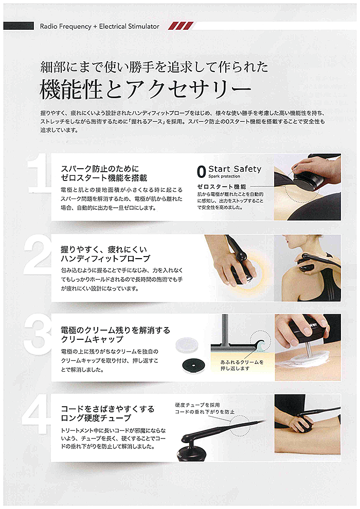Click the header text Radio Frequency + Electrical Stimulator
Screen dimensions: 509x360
[99, 26]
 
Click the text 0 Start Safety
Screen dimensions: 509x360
[229, 169]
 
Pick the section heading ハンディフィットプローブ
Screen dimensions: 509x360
[105, 258]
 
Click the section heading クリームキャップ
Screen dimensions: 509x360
[92, 340]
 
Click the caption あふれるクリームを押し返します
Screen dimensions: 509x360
[242, 366]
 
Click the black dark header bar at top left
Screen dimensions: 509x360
[17, 26]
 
